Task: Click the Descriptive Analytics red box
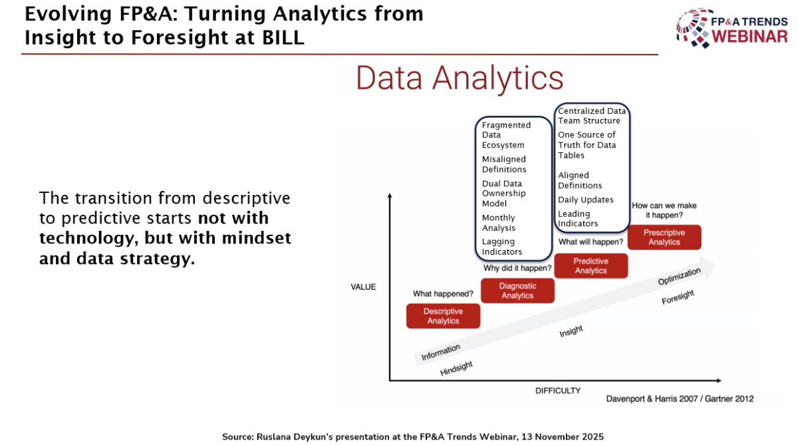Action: pyautogui.click(x=443, y=316)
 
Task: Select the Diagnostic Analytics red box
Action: pyautogui.click(x=517, y=291)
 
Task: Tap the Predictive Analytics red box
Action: pyautogui.click(x=591, y=266)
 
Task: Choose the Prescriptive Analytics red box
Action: pyautogui.click(x=664, y=237)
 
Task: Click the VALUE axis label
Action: pyautogui.click(x=363, y=287)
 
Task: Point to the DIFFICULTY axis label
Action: pyautogui.click(x=558, y=391)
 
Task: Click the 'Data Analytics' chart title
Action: pyautogui.click(x=460, y=78)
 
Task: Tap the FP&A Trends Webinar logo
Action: pyautogui.click(x=732, y=28)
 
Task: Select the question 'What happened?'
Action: pyautogui.click(x=443, y=293)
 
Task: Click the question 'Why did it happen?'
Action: pyautogui.click(x=517, y=268)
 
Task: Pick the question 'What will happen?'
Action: pyautogui.click(x=591, y=242)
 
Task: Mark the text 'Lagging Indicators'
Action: pyautogui.click(x=502, y=247)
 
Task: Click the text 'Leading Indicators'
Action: pyautogui.click(x=578, y=219)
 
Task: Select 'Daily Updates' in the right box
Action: pyautogui.click(x=586, y=200)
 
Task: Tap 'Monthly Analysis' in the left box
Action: pyautogui.click(x=499, y=223)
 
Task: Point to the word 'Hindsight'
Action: pyautogui.click(x=456, y=369)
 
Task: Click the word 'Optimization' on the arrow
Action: pyautogui.click(x=680, y=277)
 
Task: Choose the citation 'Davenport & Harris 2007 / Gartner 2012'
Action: pyautogui.click(x=680, y=398)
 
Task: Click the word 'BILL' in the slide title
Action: pyautogui.click(x=283, y=37)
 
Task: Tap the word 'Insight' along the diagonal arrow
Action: pyautogui.click(x=571, y=331)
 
